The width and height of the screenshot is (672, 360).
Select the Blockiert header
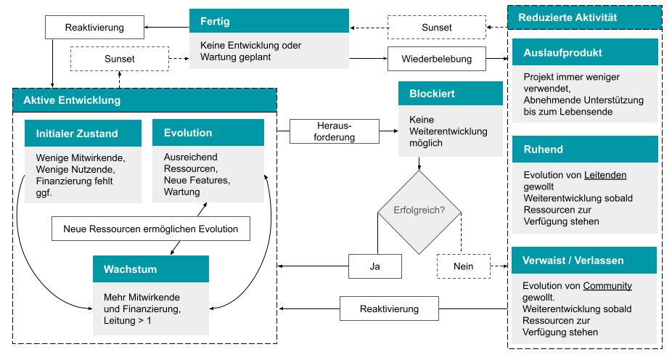point(450,94)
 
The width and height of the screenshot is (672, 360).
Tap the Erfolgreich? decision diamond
point(419,211)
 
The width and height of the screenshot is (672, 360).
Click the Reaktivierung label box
point(389,308)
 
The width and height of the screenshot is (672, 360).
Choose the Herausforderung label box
point(334,131)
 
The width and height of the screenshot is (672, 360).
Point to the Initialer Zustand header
point(83,134)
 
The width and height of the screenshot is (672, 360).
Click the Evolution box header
point(208,133)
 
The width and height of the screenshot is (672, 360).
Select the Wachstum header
point(150,269)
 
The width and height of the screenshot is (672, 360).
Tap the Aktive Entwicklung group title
point(144,100)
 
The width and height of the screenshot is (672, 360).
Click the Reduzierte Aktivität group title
point(584,17)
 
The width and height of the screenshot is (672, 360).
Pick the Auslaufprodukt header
point(584,52)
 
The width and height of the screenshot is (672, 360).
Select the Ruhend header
point(584,150)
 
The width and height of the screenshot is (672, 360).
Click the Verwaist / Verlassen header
point(584,261)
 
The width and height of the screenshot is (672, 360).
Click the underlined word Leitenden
point(605,175)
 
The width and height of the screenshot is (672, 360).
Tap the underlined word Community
point(607,286)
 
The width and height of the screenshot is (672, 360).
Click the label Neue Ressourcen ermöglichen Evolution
point(150,229)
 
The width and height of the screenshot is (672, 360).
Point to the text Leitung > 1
point(128,320)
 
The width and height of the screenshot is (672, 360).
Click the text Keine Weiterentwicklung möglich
point(448,131)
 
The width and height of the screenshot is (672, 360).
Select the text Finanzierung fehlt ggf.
point(74,187)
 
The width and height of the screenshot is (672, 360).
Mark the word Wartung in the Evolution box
point(181,192)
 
